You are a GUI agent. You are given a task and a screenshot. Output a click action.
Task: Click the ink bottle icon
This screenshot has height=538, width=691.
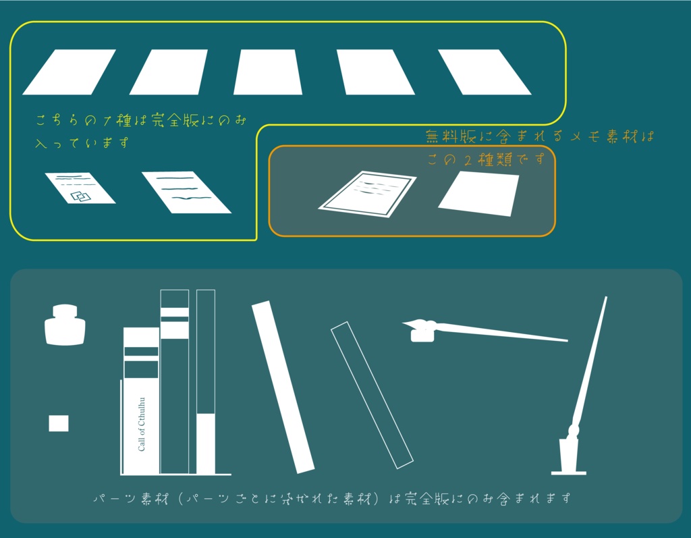pyautogui.click(x=65, y=325)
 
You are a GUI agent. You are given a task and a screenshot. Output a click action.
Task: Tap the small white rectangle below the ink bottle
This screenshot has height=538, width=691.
pyautogui.click(x=59, y=423)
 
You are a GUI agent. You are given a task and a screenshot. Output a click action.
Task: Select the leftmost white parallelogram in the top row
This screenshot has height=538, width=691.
pyautogui.click(x=69, y=72)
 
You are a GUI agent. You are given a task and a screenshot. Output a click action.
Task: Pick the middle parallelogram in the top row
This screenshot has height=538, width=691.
pyautogui.click(x=268, y=72)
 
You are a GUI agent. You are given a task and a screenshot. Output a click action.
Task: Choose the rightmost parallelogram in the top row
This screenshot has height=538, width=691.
pyautogui.click(x=485, y=72)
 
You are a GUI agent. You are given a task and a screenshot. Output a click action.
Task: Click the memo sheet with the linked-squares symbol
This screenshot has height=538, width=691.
pyautogui.click(x=80, y=188)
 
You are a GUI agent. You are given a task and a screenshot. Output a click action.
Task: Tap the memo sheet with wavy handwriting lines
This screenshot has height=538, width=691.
pyautogui.click(x=186, y=192)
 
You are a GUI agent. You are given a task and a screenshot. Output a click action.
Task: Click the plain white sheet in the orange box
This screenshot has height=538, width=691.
pyautogui.click(x=479, y=194)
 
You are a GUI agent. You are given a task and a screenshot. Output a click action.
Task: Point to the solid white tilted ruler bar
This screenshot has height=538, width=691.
pyautogui.click(x=283, y=387)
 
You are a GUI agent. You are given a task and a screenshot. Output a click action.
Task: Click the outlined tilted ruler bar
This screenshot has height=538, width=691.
pyautogui.click(x=372, y=396)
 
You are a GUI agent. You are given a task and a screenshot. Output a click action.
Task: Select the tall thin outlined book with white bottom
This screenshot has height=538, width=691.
pyautogui.click(x=206, y=381)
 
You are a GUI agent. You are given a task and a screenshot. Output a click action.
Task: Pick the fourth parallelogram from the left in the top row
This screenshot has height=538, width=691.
pyautogui.click(x=375, y=72)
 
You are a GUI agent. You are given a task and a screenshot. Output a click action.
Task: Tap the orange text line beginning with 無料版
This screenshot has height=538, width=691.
pyautogui.click(x=540, y=136)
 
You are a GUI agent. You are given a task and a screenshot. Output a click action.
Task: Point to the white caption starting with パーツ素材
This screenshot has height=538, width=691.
pyautogui.click(x=331, y=499)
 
